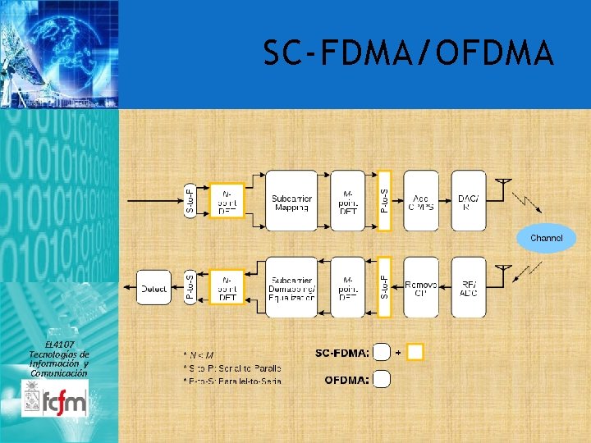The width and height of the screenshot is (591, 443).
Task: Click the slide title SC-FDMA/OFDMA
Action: [408, 54]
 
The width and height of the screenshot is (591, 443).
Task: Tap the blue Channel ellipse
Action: [546, 238]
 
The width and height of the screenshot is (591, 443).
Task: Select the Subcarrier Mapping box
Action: [291, 201]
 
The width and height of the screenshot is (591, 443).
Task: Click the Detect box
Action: [153, 288]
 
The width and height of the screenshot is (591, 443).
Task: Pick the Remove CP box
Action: [420, 288]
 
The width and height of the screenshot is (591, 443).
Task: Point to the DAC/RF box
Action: [468, 201]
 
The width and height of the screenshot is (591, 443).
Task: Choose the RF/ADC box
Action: [468, 288]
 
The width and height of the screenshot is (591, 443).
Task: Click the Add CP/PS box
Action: [420, 201]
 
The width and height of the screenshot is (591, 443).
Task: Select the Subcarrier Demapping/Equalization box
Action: [291, 288]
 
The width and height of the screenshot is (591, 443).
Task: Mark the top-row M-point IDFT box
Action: [347, 201]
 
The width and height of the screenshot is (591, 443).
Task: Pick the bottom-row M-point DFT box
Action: [347, 288]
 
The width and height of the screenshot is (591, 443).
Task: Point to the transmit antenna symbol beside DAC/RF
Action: [505, 184]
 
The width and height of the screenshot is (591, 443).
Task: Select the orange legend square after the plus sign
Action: [415, 352]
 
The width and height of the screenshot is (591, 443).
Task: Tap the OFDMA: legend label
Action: [346, 380]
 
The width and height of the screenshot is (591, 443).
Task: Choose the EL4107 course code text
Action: [58, 345]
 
